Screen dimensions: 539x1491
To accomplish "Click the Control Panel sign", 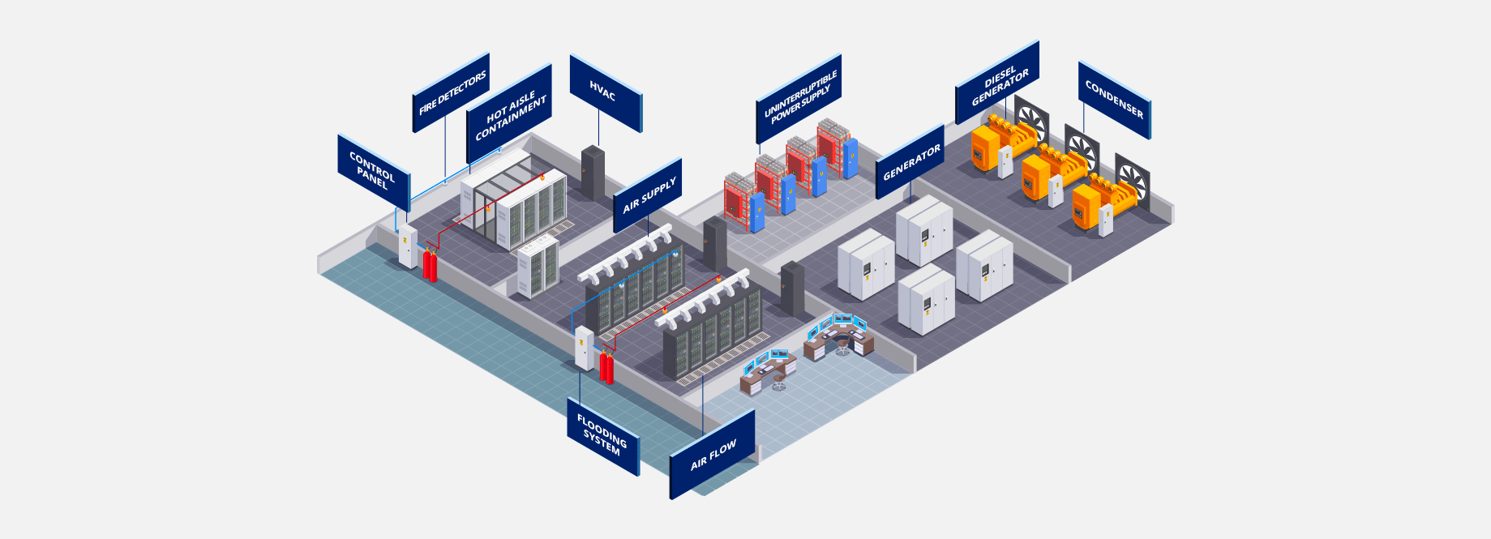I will pyautogui.click(x=373, y=170).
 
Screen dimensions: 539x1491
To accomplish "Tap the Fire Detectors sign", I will pyautogui.click(x=452, y=92).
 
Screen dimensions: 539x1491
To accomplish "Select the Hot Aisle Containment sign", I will pyautogui.click(x=510, y=114).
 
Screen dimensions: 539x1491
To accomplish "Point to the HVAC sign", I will pyautogui.click(x=604, y=93).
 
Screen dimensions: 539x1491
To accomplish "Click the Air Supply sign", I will pyautogui.click(x=649, y=195).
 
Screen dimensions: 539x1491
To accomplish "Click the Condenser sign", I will pyautogui.click(x=1114, y=101).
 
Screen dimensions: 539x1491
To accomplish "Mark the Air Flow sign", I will pyautogui.click(x=713, y=455).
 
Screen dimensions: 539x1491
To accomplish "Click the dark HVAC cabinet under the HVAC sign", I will pyautogui.click(x=593, y=173).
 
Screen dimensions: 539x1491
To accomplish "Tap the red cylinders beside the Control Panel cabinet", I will pyautogui.click(x=430, y=266).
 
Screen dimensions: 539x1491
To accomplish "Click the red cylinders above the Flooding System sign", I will pyautogui.click(x=606, y=367).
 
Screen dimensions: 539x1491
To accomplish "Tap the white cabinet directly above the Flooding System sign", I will pyautogui.click(x=584, y=348).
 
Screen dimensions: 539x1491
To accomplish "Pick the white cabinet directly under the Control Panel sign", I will pyautogui.click(x=407, y=246).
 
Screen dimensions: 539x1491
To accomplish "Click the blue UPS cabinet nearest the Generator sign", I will pyautogui.click(x=849, y=158).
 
